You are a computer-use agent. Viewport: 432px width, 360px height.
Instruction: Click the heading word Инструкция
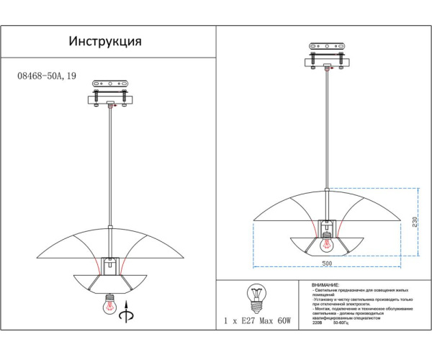(105, 41)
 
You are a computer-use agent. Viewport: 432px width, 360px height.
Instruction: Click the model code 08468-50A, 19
(47, 74)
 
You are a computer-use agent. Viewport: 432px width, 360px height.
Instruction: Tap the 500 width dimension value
(327, 264)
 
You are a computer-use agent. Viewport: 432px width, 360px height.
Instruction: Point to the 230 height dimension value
(414, 222)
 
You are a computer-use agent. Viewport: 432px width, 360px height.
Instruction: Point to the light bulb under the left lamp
(109, 302)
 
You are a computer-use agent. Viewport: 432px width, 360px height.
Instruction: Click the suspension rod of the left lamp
(109, 166)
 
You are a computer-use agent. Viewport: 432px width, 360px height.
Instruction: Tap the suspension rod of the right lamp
(328, 137)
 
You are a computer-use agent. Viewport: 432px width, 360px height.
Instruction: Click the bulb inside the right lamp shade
(327, 234)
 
